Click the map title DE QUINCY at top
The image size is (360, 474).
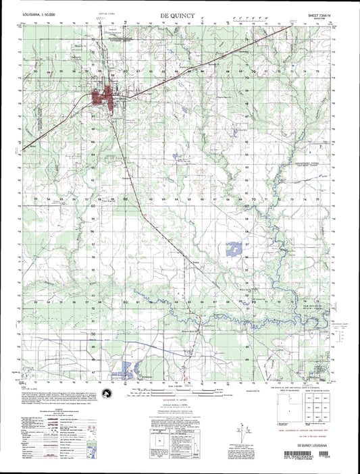coord(179,14)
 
